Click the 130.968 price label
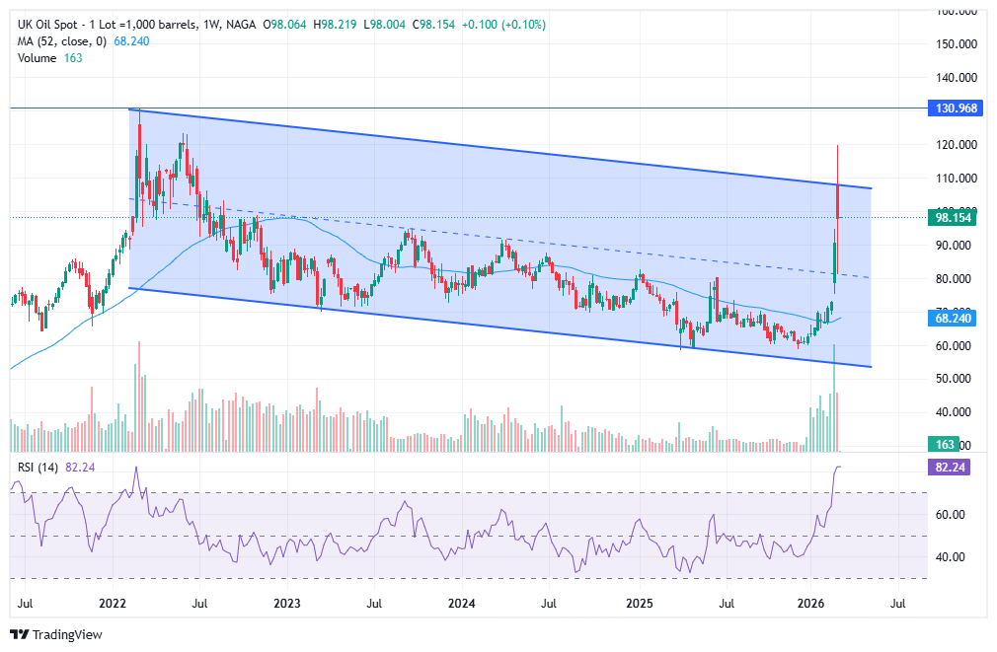(955, 109)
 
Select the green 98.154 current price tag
(955, 217)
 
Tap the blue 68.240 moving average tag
(955, 319)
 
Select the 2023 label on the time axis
(286, 602)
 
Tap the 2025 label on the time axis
(640, 602)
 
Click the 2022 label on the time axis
(113, 602)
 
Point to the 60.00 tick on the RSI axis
(952, 515)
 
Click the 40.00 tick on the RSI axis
(952, 557)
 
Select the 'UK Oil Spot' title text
(49, 24)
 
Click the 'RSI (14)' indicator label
(37, 468)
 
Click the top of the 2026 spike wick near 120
(837, 146)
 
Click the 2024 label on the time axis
(462, 602)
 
